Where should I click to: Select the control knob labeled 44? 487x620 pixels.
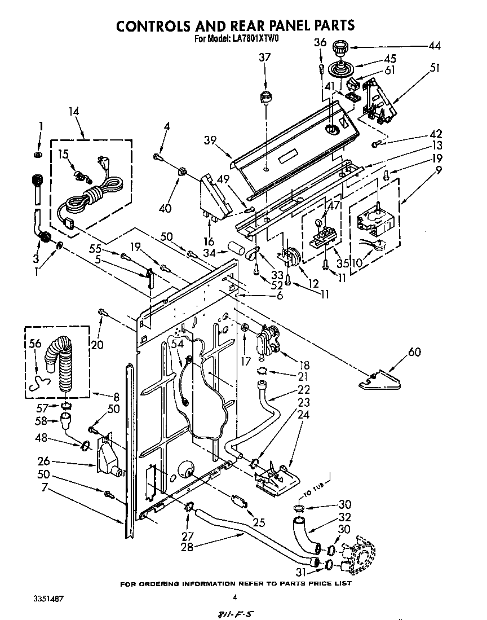(340, 49)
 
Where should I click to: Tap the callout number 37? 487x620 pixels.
(265, 57)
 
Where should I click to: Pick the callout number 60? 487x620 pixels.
(414, 353)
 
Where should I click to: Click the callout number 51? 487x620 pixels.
(434, 68)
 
